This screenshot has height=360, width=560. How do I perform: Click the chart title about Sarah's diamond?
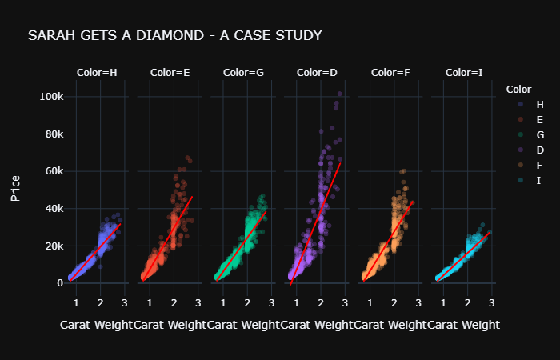click(174, 36)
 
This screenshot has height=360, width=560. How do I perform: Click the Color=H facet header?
click(97, 73)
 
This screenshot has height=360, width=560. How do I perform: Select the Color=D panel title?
click(317, 73)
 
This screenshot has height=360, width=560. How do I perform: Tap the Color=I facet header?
click(464, 73)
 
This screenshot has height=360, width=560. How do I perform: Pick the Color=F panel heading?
click(390, 73)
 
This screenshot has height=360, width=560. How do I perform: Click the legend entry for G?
click(539, 134)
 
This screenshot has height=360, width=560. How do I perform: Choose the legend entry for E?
click(539, 119)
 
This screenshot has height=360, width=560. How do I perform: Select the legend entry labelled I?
click(539, 180)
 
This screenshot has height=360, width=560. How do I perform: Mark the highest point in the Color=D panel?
click(339, 94)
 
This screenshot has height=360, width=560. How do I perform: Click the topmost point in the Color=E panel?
click(187, 158)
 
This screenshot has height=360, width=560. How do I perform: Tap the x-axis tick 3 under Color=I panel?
click(490, 302)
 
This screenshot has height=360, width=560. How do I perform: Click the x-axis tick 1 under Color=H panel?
click(75, 302)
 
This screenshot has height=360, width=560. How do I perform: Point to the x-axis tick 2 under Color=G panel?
click(247, 302)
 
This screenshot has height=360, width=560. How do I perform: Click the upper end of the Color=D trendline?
click(341, 163)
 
